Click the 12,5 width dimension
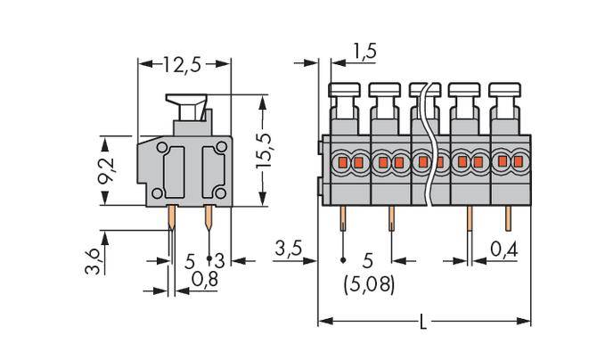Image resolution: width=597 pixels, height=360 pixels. [x=184, y=64]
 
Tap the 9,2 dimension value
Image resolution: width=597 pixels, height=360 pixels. [x=106, y=170]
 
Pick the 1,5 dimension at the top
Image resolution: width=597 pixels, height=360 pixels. [x=364, y=52]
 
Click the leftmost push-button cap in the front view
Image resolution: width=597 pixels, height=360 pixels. [x=344, y=89]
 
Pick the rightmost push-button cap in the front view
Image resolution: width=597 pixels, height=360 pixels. [x=505, y=89]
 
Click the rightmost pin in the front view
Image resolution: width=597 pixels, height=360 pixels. [x=508, y=218]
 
